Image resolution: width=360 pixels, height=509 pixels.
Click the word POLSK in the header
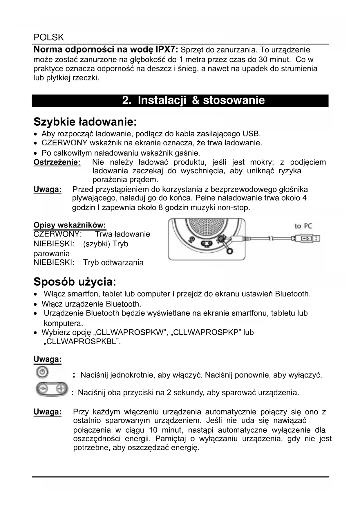click(48, 37)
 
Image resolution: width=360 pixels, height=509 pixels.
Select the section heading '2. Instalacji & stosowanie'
click(193, 100)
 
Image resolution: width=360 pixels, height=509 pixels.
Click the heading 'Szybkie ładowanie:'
click(85, 122)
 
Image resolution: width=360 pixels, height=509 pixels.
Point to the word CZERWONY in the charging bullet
click(64, 143)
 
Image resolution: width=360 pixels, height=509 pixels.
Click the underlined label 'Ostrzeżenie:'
click(57, 162)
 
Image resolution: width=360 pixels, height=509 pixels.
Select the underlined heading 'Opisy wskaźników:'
click(70, 225)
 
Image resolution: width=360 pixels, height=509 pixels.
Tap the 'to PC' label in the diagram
click(303, 226)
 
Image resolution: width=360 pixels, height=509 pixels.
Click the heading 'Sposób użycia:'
click(75, 282)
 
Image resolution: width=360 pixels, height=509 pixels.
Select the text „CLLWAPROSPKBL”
click(82, 341)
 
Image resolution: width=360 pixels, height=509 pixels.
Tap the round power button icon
click(42, 372)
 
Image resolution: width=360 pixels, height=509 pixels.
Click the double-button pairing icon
click(52, 389)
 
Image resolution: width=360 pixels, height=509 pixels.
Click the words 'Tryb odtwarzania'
click(113, 263)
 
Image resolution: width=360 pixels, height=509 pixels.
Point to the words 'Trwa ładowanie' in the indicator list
click(122, 234)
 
